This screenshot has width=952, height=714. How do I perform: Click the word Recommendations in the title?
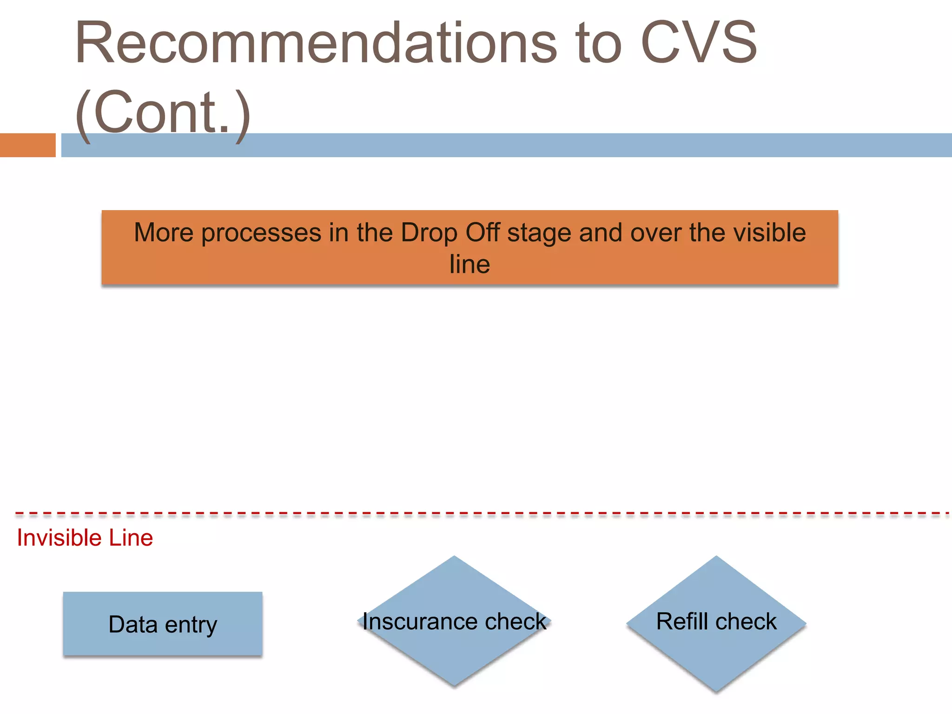coord(316,43)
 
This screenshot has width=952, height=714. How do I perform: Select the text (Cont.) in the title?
coord(163,113)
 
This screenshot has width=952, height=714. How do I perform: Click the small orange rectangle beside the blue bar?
coord(27,145)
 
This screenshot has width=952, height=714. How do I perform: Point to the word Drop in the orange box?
coord(429,232)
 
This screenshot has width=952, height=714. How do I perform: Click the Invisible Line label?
coord(85,538)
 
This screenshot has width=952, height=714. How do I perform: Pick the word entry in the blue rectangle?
coord(191,625)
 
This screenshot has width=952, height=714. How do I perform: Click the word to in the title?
coord(598,43)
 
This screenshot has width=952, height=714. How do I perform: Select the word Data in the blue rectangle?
coord(133,624)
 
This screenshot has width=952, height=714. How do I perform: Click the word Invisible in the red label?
coord(59,538)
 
